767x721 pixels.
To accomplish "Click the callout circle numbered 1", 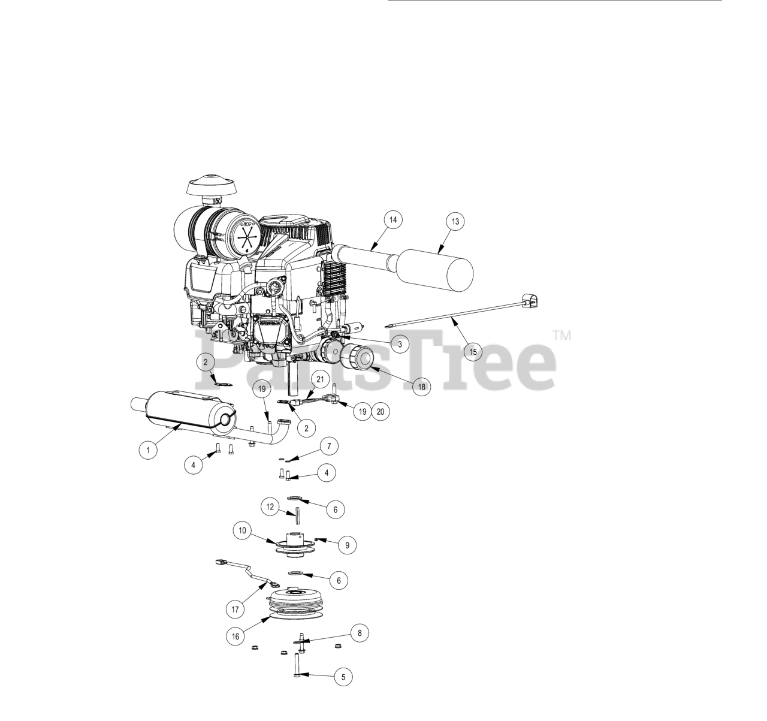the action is [148, 450].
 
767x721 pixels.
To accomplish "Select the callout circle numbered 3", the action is [400, 345].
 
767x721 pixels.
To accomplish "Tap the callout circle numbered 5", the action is [343, 677].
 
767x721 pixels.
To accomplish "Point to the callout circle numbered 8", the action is [360, 633].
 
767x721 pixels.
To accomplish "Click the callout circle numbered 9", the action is [347, 545].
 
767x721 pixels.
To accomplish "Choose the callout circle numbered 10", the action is [242, 530].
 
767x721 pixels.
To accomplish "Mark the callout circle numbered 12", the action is [270, 507].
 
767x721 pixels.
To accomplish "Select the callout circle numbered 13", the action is [455, 221].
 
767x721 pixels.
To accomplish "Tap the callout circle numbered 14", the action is [392, 220].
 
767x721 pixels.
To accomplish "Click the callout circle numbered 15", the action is [473, 352].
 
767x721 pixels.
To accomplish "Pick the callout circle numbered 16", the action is [235, 636].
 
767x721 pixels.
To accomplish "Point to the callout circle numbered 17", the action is [235, 609].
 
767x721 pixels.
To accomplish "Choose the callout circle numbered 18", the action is [421, 387].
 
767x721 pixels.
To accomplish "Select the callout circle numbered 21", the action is [320, 379].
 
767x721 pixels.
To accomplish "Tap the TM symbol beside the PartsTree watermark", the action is [562, 336].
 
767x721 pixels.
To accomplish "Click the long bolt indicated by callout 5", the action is [297, 666].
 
